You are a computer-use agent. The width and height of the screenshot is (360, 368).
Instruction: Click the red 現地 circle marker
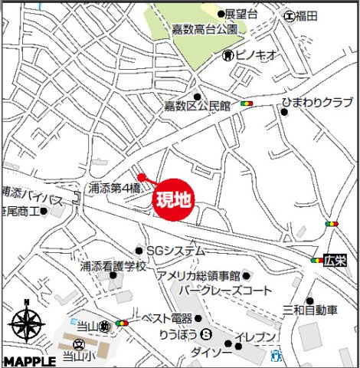(174, 201)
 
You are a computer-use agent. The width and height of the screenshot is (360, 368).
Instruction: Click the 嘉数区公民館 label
(197, 107)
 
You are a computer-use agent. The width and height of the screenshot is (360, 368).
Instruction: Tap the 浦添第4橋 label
(114, 187)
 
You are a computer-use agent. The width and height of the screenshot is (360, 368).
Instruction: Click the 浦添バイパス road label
(32, 199)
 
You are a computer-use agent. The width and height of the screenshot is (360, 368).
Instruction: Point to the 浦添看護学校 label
(113, 267)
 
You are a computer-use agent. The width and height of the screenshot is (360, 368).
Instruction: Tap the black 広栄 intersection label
(335, 261)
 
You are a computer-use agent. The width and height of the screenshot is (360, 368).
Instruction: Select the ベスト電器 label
(166, 317)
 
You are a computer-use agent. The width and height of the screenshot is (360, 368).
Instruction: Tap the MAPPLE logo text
(28, 360)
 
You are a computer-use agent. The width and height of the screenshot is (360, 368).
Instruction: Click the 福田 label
(308, 15)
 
